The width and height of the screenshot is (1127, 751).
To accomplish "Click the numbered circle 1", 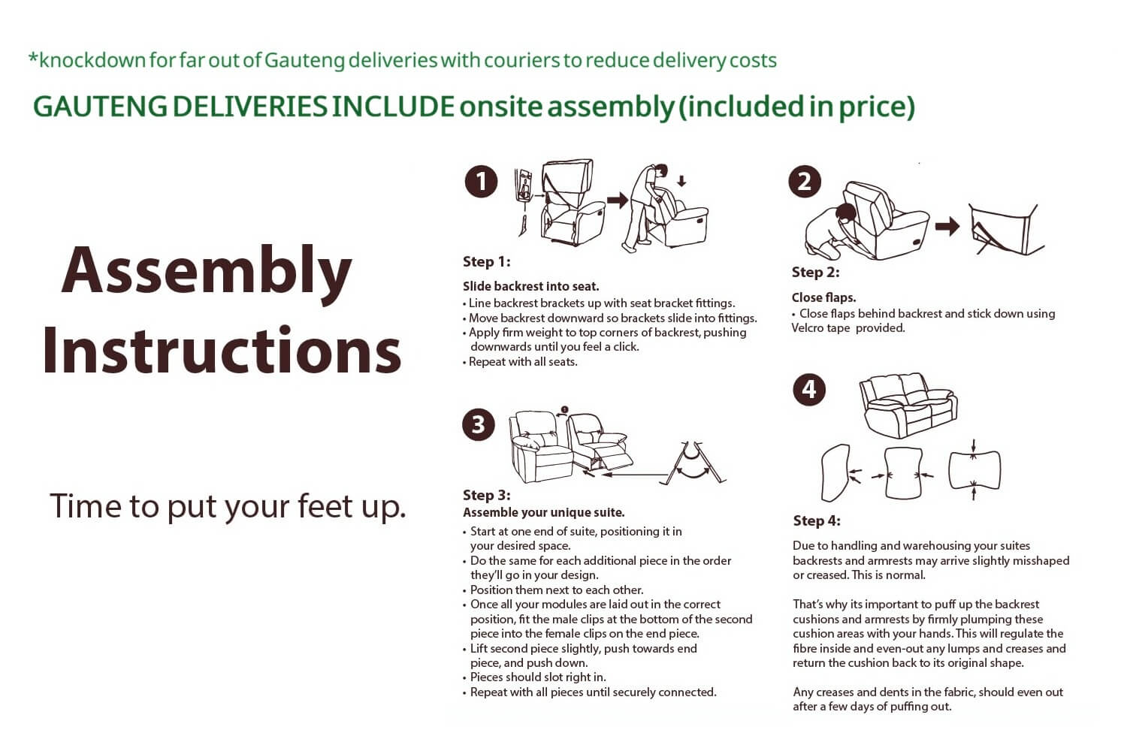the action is (x=481, y=182).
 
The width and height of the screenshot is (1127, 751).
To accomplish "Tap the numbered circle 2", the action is (x=805, y=182).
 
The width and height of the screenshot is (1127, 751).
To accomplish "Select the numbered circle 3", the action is (x=478, y=425).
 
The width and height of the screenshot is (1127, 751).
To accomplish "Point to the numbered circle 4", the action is (x=809, y=390).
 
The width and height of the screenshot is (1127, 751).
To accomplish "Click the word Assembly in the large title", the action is (x=207, y=273).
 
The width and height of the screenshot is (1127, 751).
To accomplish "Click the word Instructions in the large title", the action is (x=222, y=350).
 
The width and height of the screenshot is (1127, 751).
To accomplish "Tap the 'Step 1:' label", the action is (x=486, y=262).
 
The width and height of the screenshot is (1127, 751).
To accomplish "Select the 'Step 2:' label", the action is (x=815, y=273).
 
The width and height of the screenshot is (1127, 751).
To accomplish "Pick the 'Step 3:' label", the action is (x=487, y=496).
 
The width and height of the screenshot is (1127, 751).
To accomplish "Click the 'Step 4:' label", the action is (x=817, y=520).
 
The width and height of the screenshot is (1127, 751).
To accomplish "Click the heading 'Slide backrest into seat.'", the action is (x=530, y=287).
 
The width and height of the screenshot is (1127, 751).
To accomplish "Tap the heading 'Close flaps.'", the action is (x=823, y=298).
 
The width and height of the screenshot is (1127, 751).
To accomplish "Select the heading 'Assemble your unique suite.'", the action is (x=543, y=513).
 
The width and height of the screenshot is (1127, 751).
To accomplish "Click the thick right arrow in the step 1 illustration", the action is (x=618, y=201).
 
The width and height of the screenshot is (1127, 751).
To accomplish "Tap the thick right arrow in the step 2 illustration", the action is (x=947, y=226).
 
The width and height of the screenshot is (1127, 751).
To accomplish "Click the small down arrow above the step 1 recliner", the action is (x=681, y=181).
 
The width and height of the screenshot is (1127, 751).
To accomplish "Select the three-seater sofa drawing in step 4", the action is (x=908, y=406).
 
